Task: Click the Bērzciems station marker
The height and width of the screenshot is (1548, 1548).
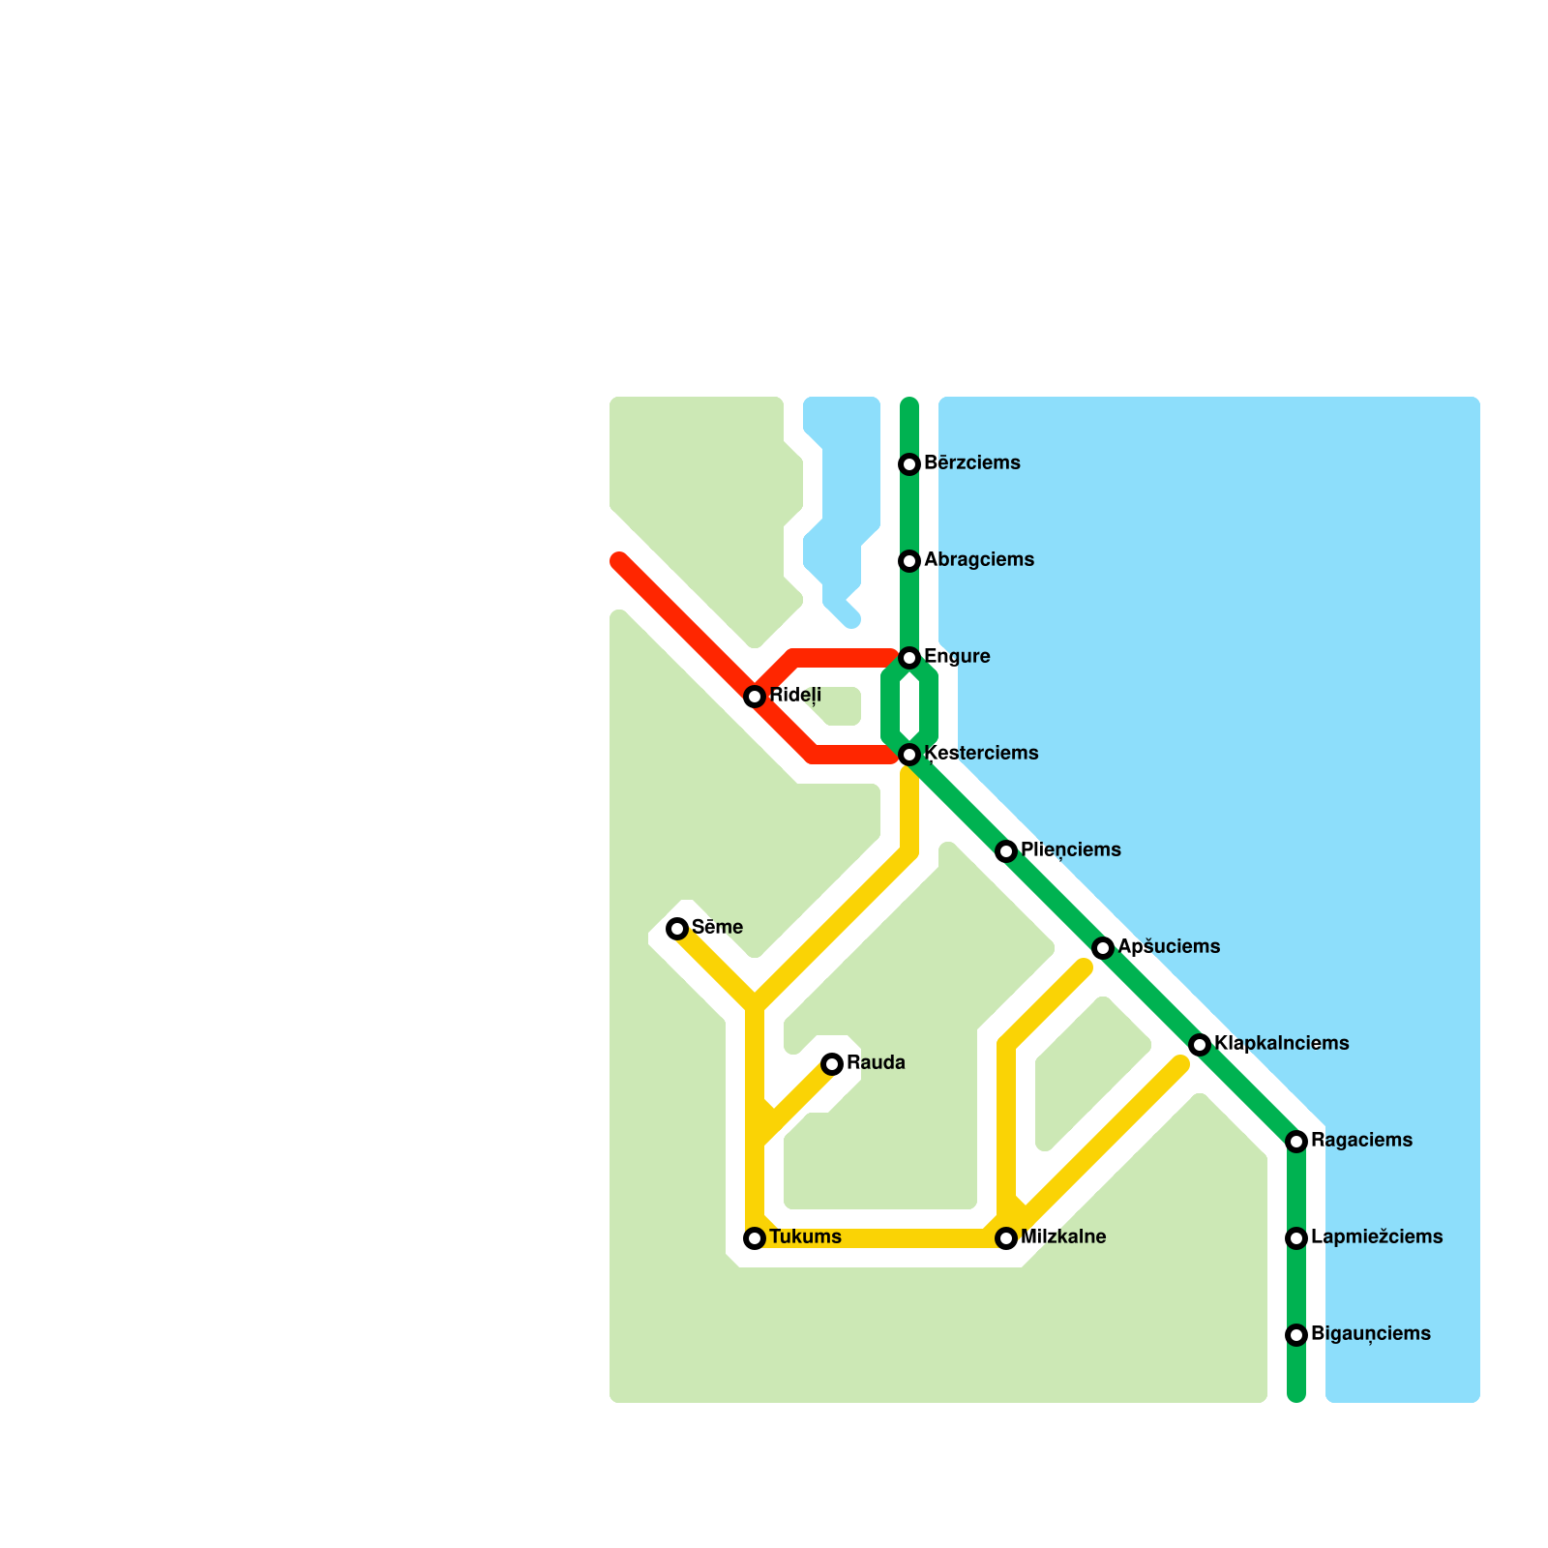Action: click(x=909, y=464)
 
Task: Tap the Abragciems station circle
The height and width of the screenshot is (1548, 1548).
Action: click(x=909, y=561)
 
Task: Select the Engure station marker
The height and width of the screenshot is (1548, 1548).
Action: click(x=909, y=658)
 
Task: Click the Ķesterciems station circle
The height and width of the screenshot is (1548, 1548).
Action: click(x=909, y=755)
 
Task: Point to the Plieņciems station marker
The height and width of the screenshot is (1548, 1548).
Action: click(x=1006, y=851)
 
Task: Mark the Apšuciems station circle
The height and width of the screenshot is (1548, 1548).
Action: click(x=1103, y=948)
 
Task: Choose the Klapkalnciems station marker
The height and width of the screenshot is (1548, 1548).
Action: click(x=1200, y=1045)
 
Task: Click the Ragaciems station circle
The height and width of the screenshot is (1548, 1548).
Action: click(x=1296, y=1142)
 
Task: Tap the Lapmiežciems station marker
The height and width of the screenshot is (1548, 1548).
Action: click(x=1296, y=1238)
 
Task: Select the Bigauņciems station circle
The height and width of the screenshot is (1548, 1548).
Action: click(x=1296, y=1335)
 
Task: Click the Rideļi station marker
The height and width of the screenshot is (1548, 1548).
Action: click(x=755, y=697)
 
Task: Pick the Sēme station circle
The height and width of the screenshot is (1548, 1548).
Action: click(x=677, y=929)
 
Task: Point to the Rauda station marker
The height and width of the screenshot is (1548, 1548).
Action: click(x=832, y=1064)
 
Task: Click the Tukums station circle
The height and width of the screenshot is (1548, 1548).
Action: click(x=755, y=1238)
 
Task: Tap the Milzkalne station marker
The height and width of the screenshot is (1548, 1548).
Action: click(x=1006, y=1238)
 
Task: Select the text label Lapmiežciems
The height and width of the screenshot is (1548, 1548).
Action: click(x=1376, y=1236)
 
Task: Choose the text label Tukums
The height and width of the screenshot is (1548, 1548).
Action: click(x=805, y=1236)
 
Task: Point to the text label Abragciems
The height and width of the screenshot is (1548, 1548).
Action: click(x=978, y=559)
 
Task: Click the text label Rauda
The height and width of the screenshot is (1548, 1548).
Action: click(x=876, y=1062)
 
